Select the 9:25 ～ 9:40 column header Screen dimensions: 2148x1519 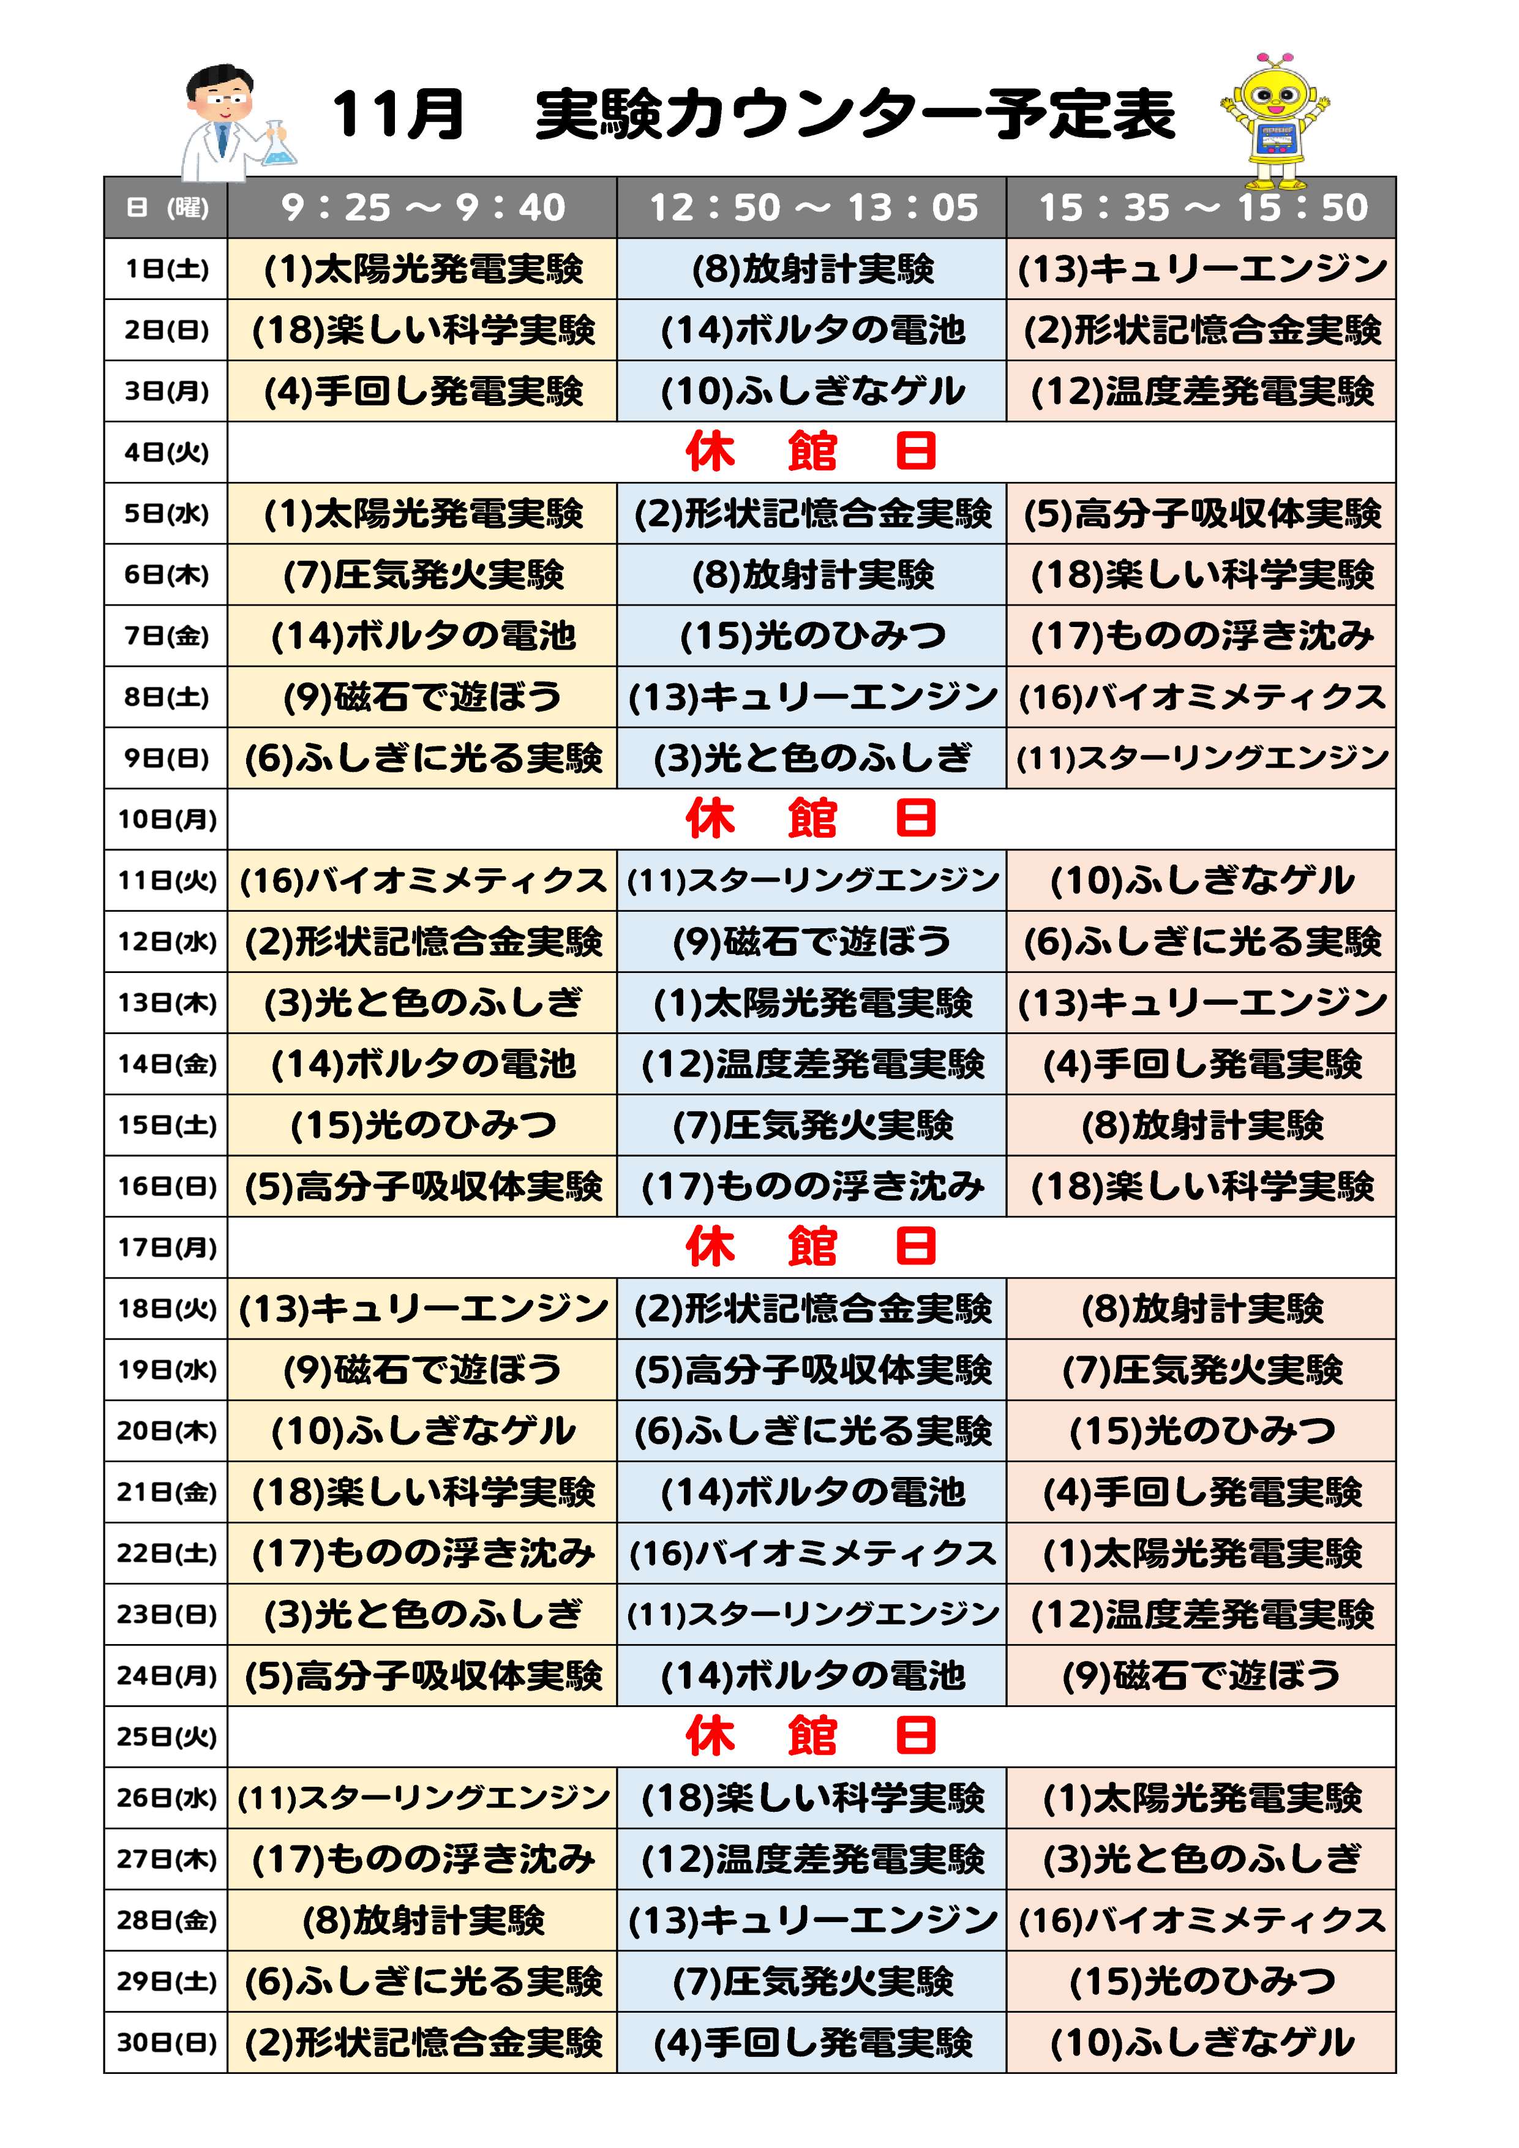tap(423, 208)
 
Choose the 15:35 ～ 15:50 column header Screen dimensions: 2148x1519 tap(1202, 208)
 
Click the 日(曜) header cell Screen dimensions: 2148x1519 tap(167, 208)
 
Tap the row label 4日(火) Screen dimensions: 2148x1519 tap(167, 453)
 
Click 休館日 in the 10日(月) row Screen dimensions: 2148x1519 tap(811, 819)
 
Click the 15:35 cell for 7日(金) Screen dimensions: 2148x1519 tap(1202, 636)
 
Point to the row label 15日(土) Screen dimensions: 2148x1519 tap(167, 1125)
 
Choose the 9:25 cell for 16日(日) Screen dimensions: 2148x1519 tap(423, 1186)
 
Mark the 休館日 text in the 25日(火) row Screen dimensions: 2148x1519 tap(811, 1737)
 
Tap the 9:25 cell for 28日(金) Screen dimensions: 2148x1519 tap(423, 1921)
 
